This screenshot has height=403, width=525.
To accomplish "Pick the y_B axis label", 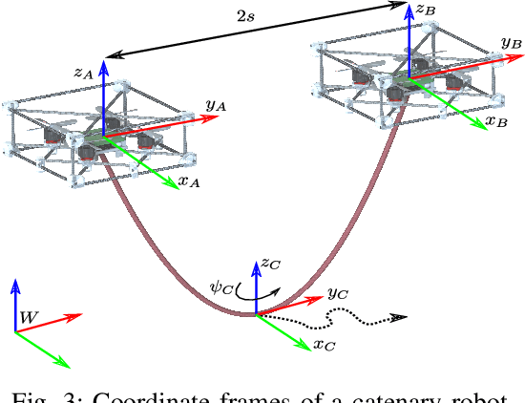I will click(511, 43).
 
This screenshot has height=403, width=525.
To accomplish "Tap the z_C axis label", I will click(271, 261).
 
